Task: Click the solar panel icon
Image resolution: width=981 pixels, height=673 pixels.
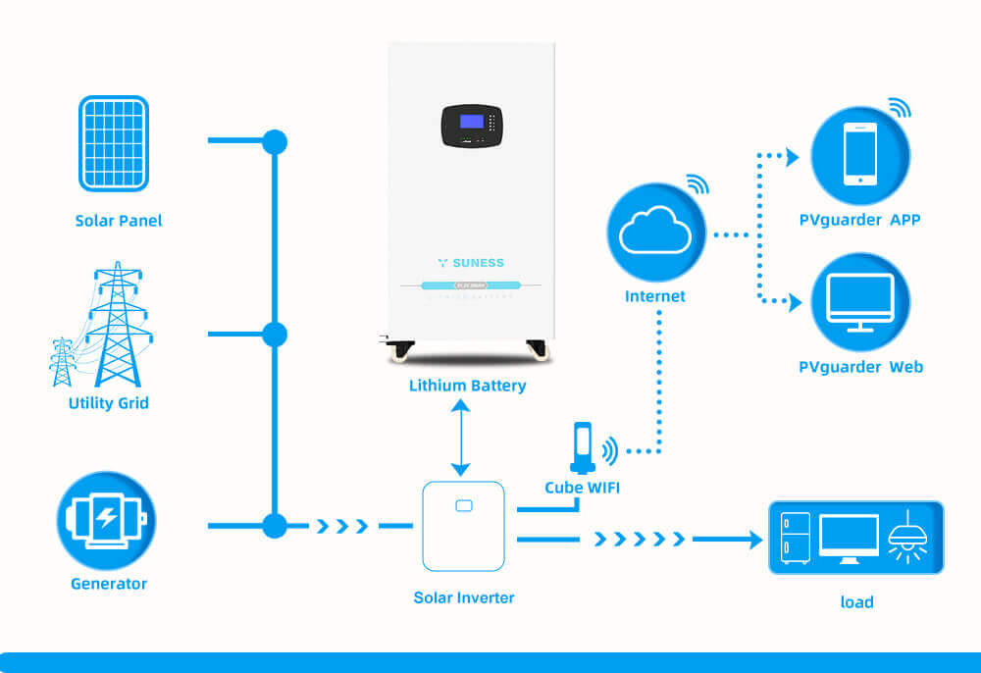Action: [114, 143]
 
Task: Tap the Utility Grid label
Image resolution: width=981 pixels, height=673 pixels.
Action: [109, 403]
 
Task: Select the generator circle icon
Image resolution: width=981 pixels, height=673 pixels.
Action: [106, 521]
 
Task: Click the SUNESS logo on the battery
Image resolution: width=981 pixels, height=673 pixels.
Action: [471, 263]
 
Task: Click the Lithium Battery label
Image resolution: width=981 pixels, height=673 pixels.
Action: [467, 386]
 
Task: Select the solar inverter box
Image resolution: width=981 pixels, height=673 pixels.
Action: [463, 526]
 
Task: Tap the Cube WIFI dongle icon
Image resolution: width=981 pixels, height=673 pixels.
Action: [583, 446]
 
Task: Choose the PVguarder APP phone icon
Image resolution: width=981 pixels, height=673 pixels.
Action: [860, 155]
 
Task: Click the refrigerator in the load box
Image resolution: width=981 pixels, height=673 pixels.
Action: [795, 538]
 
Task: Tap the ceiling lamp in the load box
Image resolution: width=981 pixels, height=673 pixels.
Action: [906, 538]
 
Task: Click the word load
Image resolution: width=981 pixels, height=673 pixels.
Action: [856, 602]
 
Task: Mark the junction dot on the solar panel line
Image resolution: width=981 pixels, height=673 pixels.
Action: [275, 142]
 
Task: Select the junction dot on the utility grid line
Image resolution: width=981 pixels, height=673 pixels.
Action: [275, 335]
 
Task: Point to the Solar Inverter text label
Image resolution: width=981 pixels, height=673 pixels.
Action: [464, 597]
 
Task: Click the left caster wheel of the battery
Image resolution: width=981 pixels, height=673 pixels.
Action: [399, 350]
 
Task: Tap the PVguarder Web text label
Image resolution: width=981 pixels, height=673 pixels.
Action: [860, 367]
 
